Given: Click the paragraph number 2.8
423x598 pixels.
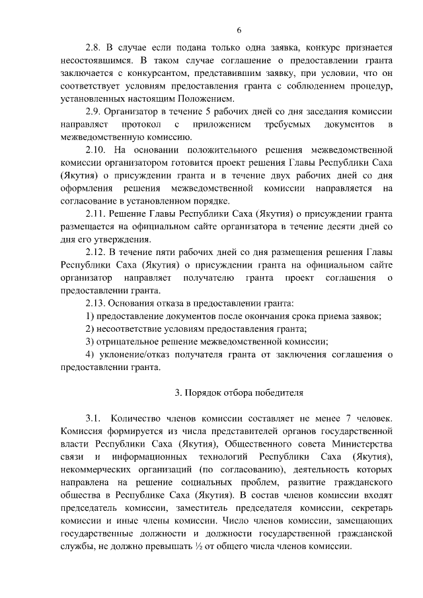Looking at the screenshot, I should pos(95,48).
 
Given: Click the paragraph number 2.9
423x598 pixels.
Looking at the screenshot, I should pos(95,111).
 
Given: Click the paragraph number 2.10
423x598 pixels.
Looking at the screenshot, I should pos(98,150).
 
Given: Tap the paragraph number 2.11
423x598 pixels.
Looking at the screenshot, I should pos(97,213).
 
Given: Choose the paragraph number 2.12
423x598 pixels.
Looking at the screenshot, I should pos(97,251).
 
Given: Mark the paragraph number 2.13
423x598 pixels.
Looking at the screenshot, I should pos(97,303).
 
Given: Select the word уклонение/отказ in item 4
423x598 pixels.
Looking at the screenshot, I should pos(137,354).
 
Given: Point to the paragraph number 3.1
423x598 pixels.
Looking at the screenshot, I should pos(93,418).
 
